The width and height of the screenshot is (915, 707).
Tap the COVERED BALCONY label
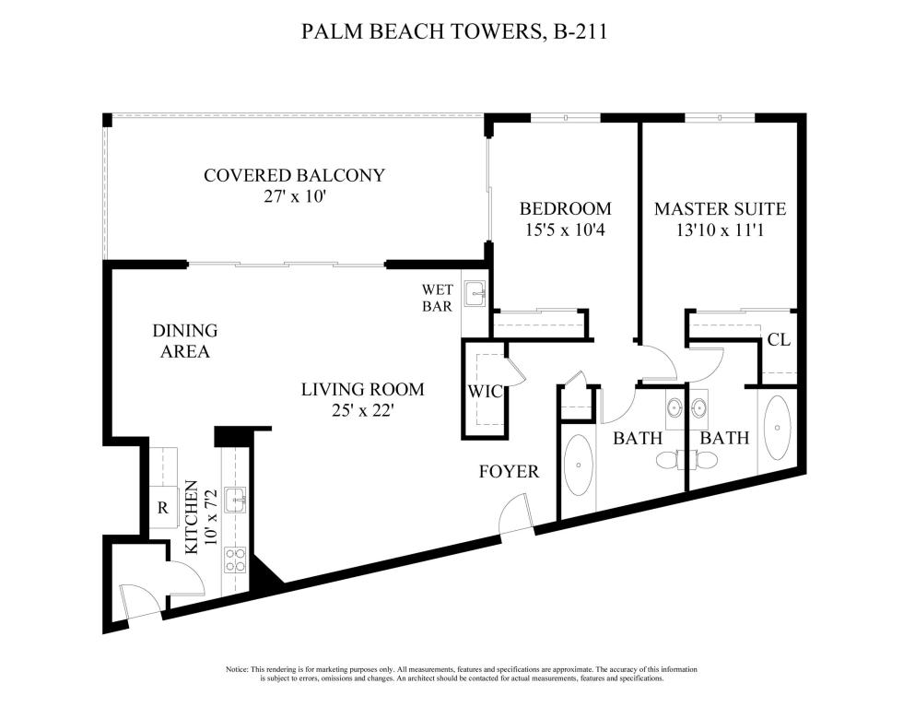(294, 175)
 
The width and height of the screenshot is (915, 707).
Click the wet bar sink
(475, 295)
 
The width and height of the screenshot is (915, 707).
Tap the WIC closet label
(485, 392)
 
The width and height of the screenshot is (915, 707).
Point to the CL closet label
(779, 339)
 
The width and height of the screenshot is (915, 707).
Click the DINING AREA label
(184, 340)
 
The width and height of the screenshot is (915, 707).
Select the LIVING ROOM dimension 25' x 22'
(363, 410)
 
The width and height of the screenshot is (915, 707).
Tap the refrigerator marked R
(161, 506)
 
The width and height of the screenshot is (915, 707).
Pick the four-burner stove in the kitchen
(236, 560)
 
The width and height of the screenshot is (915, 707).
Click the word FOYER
(509, 472)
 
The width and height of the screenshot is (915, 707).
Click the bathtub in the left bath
(578, 466)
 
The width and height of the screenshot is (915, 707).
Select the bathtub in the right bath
(780, 429)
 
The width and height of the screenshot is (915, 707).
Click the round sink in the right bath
(698, 407)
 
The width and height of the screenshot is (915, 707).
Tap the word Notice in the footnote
(237, 669)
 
